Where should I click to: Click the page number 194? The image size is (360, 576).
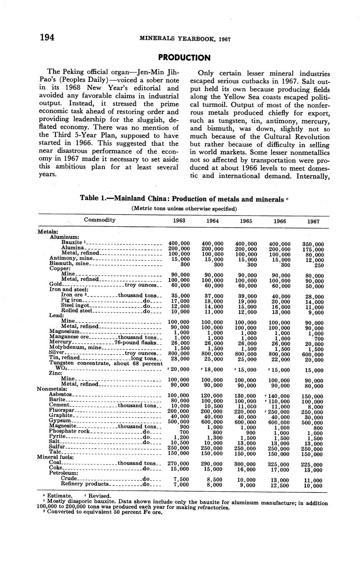pyautogui.click(x=47, y=38)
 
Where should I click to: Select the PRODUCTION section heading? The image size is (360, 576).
pyautogui.click(x=184, y=58)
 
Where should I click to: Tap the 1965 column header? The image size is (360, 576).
pyautogui.click(x=246, y=221)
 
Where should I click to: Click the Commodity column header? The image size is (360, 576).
pyautogui.click(x=100, y=220)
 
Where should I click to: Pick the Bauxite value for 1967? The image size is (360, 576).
pyautogui.click(x=313, y=244)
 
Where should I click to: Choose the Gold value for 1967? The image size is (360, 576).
pyautogui.click(x=313, y=287)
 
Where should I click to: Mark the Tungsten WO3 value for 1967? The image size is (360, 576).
pyautogui.click(x=313, y=370)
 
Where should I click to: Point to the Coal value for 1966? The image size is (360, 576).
pyautogui.click(x=279, y=464)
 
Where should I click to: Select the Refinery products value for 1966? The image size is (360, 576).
pyautogui.click(x=279, y=485)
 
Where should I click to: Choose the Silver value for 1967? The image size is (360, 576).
pyautogui.click(x=313, y=355)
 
